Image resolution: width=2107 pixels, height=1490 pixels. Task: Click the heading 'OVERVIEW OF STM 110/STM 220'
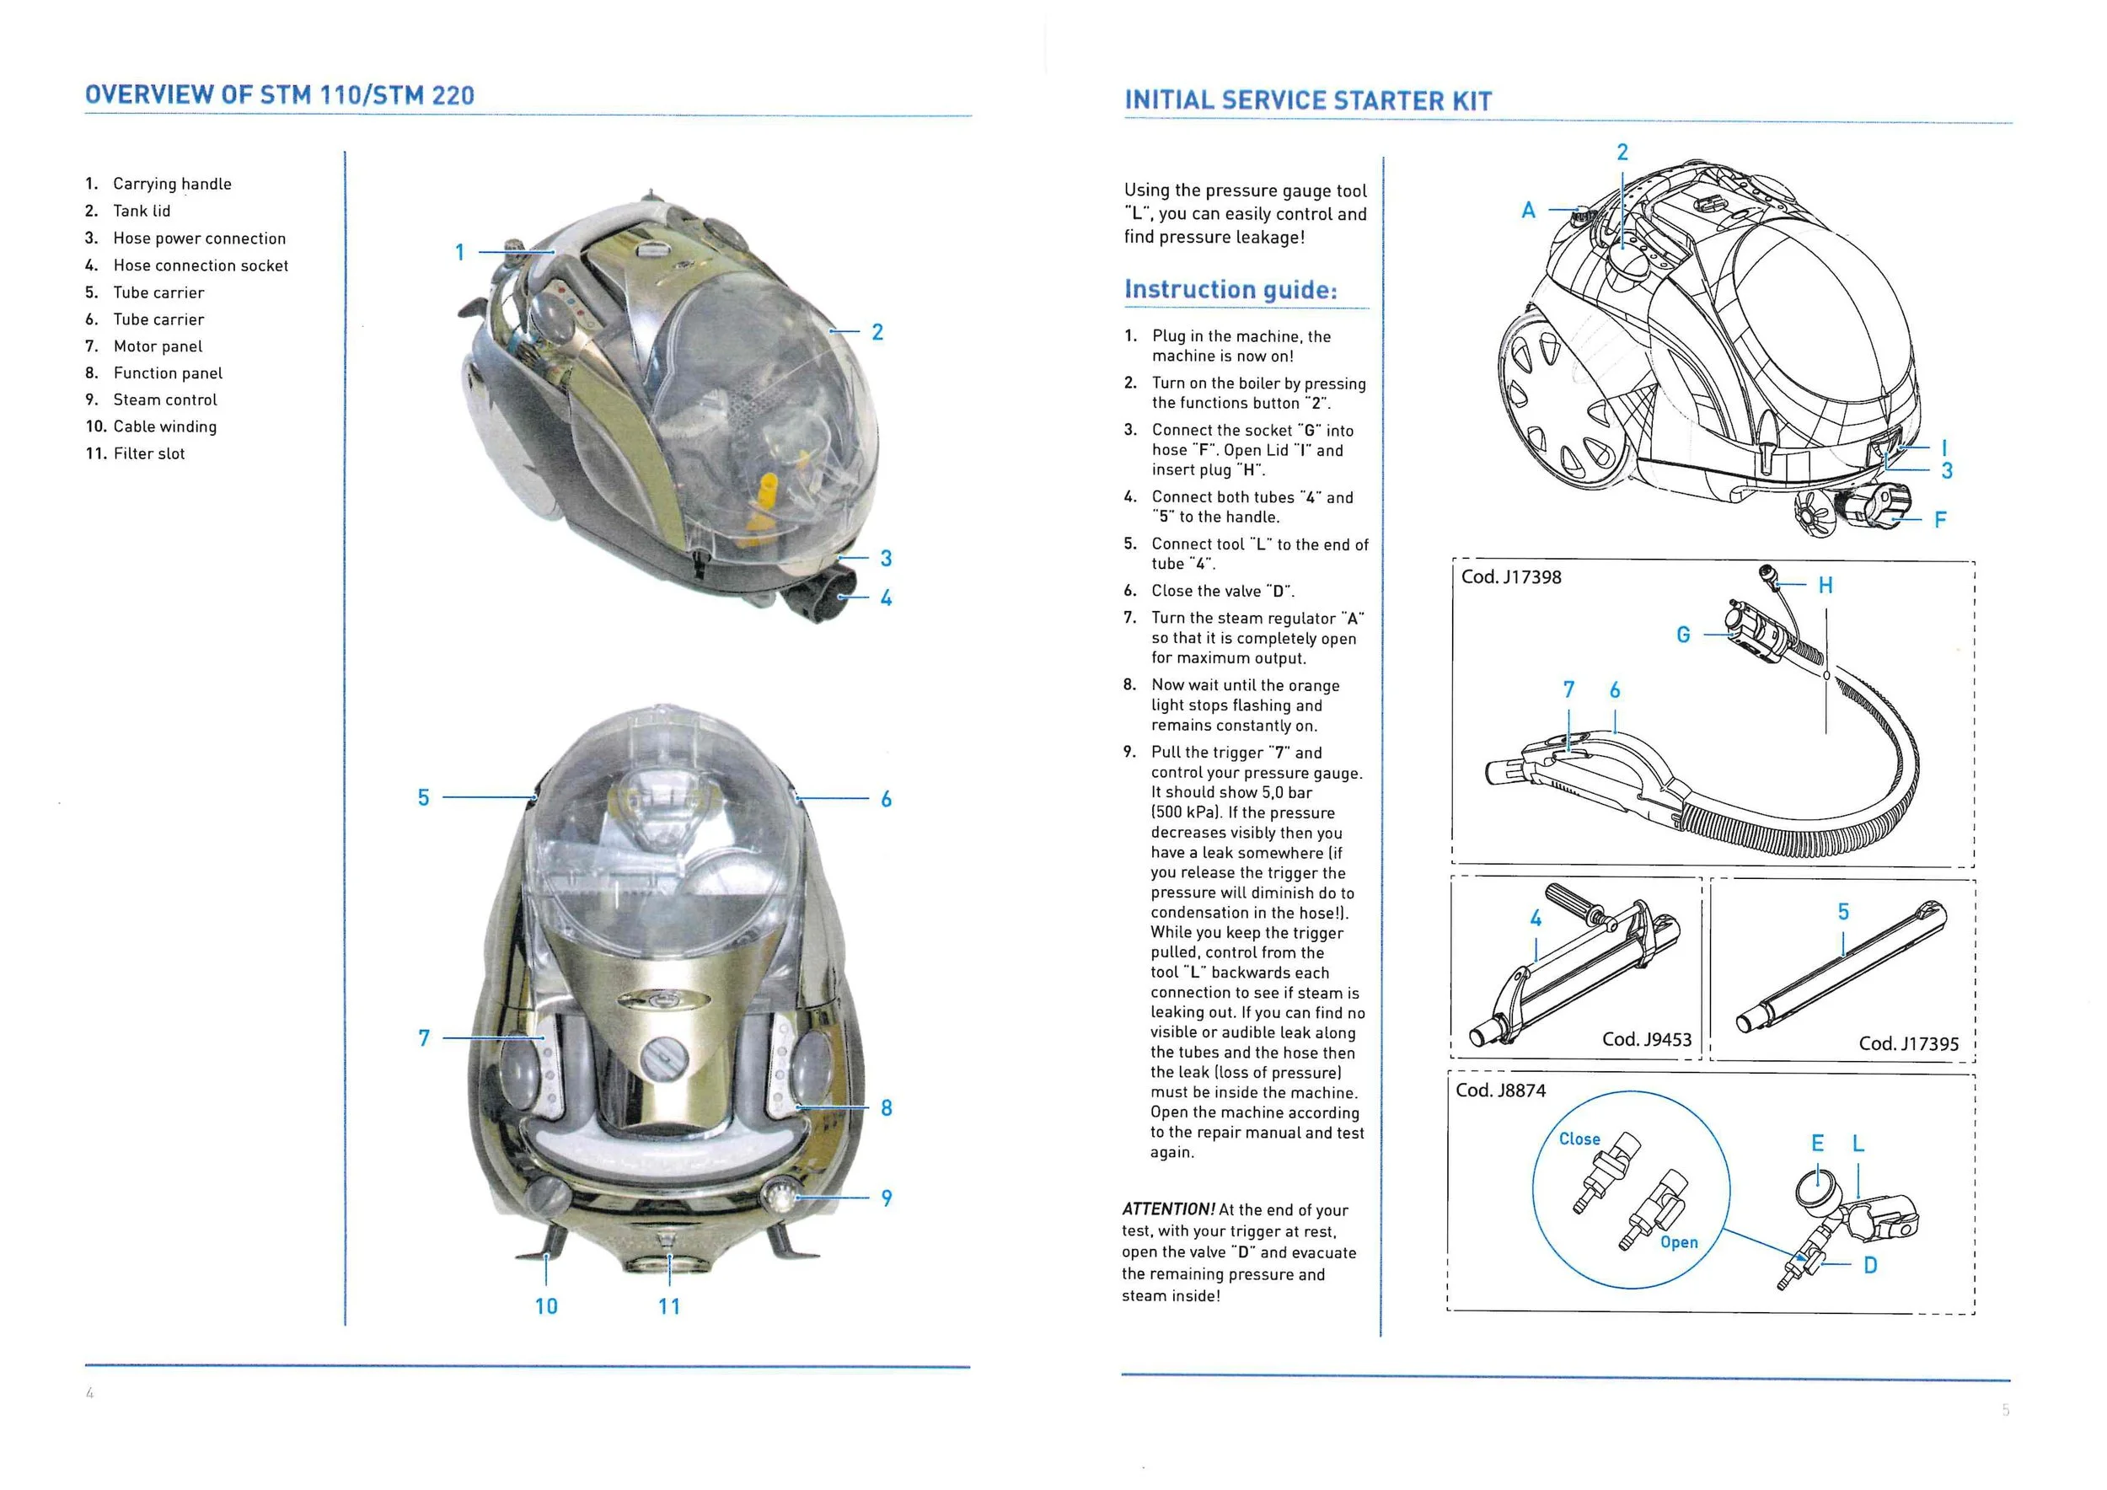coord(279,95)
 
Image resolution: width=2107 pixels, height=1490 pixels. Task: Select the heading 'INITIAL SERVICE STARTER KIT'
coord(1308,101)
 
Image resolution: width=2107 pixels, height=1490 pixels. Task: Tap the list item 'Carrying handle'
coord(172,184)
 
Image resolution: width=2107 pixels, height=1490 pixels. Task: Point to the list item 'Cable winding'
coord(164,426)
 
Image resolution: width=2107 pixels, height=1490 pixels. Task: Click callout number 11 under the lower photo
coord(669,1305)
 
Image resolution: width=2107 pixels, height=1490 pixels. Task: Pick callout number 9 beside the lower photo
coord(887,1198)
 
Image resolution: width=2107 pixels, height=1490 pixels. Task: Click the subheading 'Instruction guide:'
coord(1230,290)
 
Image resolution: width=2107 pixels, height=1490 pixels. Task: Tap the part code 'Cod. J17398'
coord(1510,577)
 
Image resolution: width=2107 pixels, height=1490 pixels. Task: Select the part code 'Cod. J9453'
coord(1646,1039)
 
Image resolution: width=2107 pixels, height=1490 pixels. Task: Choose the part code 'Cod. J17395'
coord(1908,1044)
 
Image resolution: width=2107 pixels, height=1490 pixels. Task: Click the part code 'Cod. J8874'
coord(1500,1091)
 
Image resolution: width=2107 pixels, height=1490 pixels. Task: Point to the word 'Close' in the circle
coord(1579,1139)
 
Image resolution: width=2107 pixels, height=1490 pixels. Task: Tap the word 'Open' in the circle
coord(1679,1242)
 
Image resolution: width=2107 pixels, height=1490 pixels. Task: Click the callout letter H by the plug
coord(1826,586)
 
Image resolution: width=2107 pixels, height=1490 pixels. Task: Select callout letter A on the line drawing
coord(1528,210)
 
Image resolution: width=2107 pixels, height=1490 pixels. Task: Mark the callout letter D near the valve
coord(1870,1265)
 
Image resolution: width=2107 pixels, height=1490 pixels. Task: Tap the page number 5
coord(2006,1409)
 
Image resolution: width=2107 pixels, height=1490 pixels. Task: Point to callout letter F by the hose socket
coord(1940,520)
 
